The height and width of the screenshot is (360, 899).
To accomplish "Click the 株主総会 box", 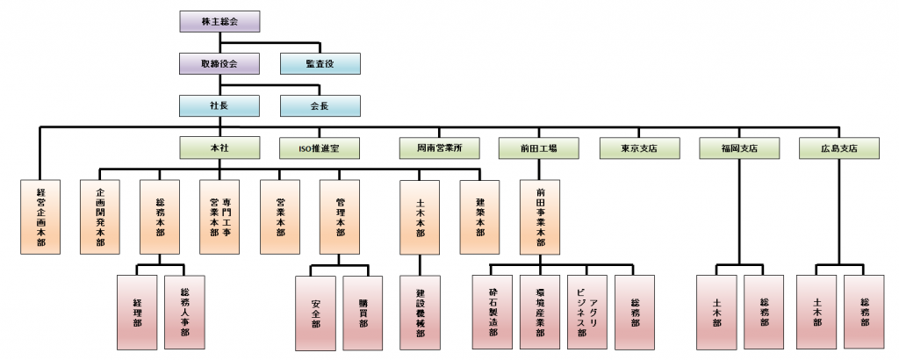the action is (219, 22).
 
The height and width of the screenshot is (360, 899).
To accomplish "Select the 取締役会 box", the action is (219, 63).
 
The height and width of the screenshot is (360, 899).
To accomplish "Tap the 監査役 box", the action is (320, 63).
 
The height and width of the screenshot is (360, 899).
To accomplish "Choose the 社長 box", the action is (219, 105).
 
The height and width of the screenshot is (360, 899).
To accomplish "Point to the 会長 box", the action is (320, 105).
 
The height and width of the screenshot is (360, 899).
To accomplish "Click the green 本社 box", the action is (219, 148).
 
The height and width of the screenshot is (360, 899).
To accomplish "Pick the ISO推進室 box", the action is (320, 148).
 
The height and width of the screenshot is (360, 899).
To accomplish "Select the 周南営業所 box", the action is (440, 148).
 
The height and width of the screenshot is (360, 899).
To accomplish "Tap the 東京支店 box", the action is (639, 148).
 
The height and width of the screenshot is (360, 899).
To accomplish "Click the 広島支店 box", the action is (838, 148).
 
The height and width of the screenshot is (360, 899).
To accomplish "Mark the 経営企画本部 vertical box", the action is (40, 217).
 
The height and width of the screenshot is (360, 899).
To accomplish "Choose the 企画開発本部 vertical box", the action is (100, 217).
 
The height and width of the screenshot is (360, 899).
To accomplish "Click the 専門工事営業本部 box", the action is (219, 217).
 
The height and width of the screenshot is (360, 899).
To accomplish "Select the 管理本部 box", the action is (340, 217).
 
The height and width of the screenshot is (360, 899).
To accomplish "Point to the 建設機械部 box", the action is (420, 313).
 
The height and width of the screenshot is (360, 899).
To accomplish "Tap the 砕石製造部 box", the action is (493, 313).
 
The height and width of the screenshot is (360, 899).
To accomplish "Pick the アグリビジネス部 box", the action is (587, 313).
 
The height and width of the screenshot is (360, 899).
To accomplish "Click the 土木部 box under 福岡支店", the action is (716, 313).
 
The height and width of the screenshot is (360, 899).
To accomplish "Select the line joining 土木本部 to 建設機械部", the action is (420, 265).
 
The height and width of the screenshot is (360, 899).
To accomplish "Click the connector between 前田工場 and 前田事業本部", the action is (540, 169).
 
